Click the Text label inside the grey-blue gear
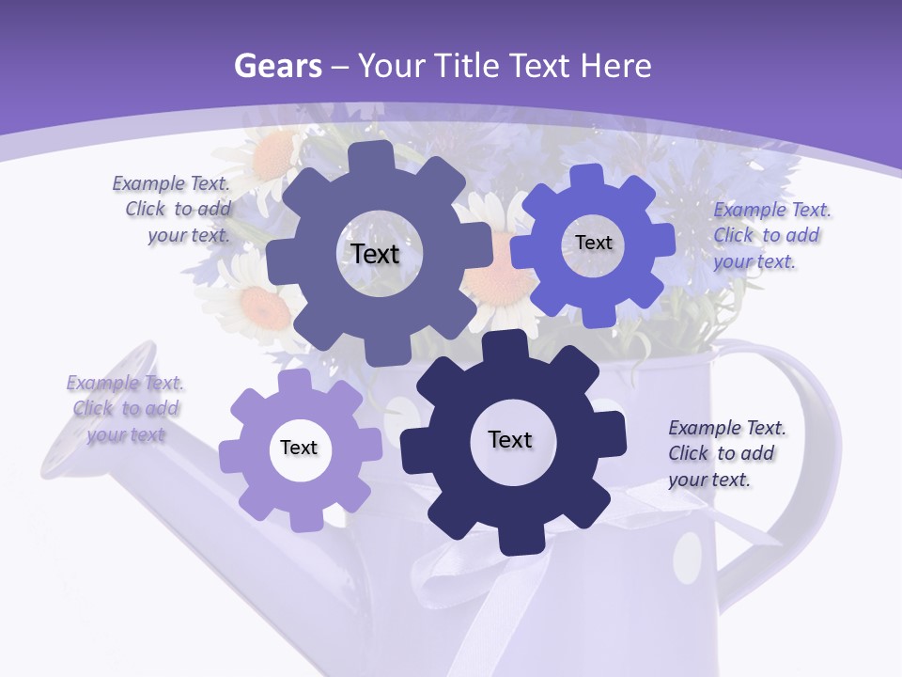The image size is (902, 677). [x=375, y=254]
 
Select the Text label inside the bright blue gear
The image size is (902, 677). [x=593, y=243]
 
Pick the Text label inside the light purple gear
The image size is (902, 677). [x=299, y=448]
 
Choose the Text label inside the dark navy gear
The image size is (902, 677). [x=510, y=439]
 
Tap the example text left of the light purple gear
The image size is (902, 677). [x=125, y=409]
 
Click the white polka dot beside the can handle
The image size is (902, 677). [x=688, y=557]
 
